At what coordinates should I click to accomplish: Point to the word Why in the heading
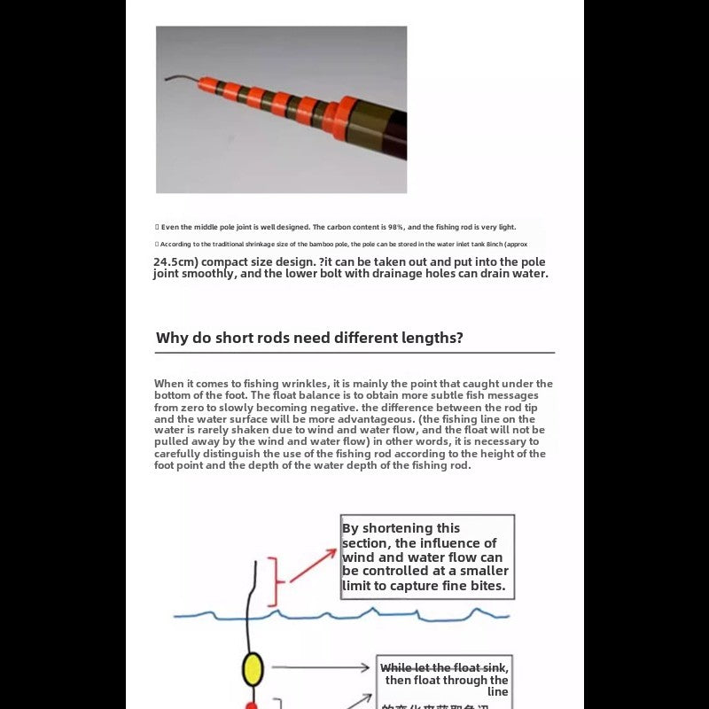(172, 338)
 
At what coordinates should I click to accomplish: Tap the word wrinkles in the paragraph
(288, 384)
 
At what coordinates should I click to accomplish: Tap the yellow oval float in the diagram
(253, 669)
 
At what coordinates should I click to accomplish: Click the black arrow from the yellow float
(319, 667)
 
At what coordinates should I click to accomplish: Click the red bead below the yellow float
(251, 705)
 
